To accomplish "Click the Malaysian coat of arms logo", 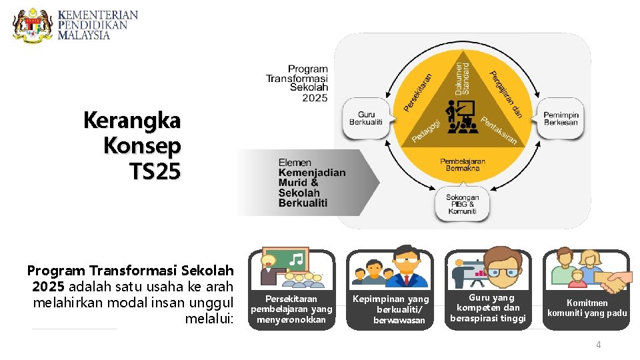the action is (33, 25).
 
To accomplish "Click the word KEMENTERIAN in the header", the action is (98, 15).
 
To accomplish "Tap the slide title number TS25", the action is (155, 172).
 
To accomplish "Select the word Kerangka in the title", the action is (132, 121).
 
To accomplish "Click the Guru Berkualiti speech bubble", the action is (366, 119).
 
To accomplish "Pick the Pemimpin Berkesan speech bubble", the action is (561, 119).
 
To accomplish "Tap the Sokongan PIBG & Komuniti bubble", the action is (463, 203).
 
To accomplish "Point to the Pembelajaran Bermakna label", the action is (463, 165).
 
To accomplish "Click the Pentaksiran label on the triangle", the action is (499, 131).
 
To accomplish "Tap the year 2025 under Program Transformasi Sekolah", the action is (315, 97).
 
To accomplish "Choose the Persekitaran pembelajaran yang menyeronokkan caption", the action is (291, 309).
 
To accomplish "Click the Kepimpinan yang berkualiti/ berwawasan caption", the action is (390, 309).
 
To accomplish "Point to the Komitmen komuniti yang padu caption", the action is (587, 308).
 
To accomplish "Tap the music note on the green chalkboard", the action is (297, 259).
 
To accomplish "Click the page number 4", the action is (598, 345).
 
